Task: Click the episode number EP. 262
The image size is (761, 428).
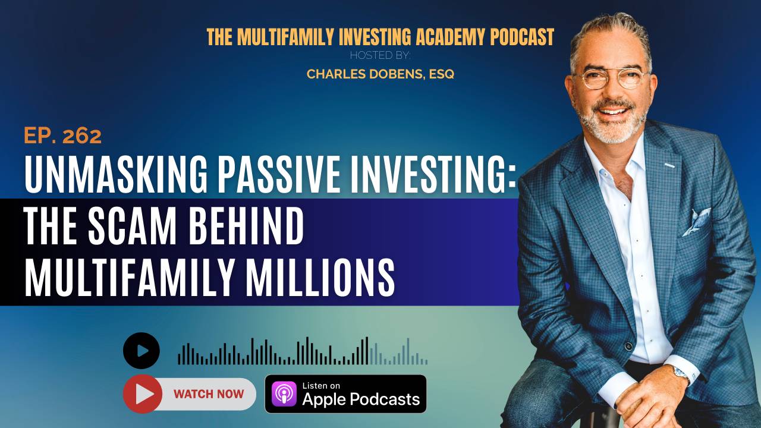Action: [x=62, y=136]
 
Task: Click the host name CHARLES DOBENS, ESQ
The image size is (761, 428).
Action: [x=380, y=74]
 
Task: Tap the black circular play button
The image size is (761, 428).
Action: [x=141, y=351]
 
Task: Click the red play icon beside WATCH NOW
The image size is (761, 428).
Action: [x=143, y=394]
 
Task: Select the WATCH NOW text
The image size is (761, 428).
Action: [x=209, y=394]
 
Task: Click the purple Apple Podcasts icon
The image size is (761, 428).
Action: [x=284, y=394]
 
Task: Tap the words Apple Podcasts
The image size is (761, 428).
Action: [x=361, y=399]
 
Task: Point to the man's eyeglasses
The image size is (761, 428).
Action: [x=610, y=80]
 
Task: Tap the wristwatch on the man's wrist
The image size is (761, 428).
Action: [x=680, y=372]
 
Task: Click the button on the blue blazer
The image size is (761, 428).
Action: [x=628, y=346]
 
